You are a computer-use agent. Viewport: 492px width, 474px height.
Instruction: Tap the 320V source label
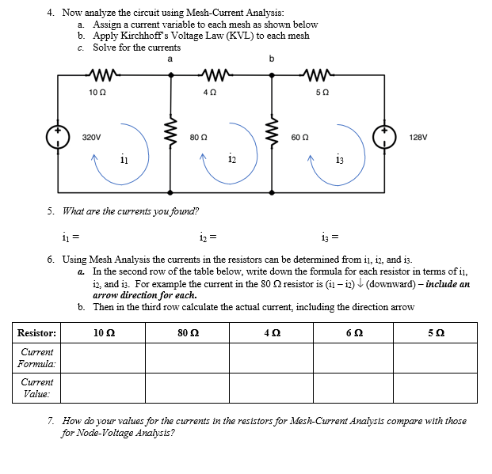(x=92, y=137)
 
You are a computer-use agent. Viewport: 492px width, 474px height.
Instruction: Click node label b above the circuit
(x=272, y=59)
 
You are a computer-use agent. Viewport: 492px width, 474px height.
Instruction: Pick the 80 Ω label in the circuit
(x=198, y=137)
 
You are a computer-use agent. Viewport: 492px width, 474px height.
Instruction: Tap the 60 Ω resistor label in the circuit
(x=299, y=137)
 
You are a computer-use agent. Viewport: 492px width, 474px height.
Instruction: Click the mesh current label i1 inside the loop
(x=124, y=161)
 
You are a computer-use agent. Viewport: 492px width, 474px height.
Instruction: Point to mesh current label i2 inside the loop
(x=231, y=161)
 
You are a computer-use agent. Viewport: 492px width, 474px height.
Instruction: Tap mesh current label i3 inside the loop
(x=339, y=161)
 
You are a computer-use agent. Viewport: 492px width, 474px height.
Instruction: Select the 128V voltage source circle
(x=389, y=136)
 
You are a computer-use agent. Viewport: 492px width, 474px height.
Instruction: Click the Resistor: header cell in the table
(x=37, y=332)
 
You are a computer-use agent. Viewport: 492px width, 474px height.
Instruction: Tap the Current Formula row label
(x=37, y=358)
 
